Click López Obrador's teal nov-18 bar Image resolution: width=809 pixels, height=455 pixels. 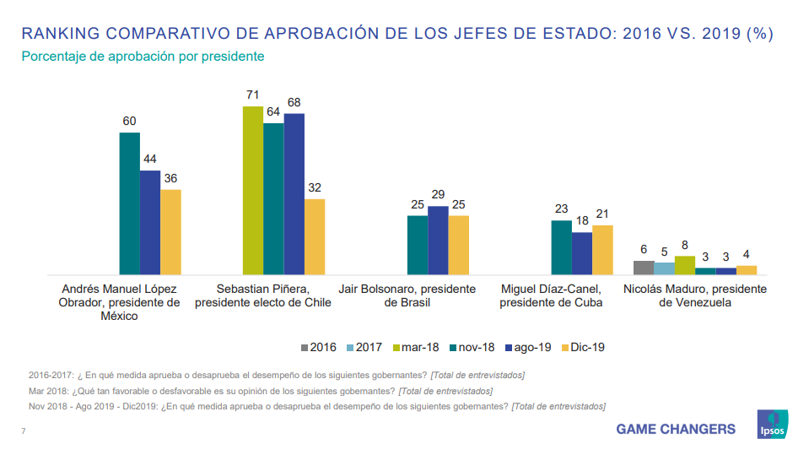129,203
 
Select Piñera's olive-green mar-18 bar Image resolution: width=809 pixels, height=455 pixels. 252,190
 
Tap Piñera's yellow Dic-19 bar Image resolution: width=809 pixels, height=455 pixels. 315,236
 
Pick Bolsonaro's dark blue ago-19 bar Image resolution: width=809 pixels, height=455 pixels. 438,241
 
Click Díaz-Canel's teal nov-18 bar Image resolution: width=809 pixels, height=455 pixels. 561,247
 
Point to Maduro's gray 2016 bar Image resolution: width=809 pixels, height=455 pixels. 644,268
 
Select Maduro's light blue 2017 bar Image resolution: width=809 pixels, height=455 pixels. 664,268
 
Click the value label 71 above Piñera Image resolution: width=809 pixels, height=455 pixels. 252,95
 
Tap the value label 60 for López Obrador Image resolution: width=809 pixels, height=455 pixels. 129,122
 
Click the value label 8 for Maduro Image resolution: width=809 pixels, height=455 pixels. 685,245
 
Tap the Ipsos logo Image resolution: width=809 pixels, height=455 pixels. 772,424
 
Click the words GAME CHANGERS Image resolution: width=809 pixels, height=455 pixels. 675,429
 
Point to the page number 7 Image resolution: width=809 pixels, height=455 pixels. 24,432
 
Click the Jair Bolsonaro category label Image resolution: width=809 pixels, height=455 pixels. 407,295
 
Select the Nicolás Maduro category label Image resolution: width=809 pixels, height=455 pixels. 694,295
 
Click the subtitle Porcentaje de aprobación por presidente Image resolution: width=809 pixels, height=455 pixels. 143,57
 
